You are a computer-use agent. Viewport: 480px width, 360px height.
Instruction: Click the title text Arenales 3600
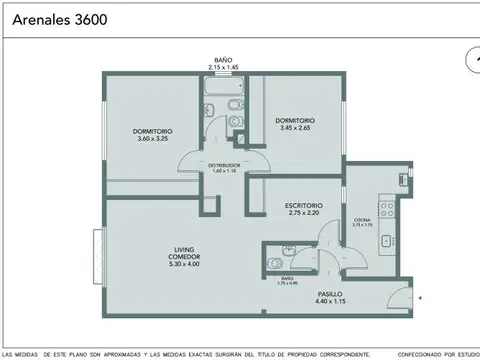56,18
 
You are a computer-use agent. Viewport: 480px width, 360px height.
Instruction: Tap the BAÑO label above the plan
221,59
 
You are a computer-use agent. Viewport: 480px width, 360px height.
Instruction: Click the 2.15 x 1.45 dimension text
221,66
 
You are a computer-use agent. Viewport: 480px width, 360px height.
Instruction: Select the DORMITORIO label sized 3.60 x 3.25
153,131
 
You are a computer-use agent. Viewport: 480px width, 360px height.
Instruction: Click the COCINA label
362,219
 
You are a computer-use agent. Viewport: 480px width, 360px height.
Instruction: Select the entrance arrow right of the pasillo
421,297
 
